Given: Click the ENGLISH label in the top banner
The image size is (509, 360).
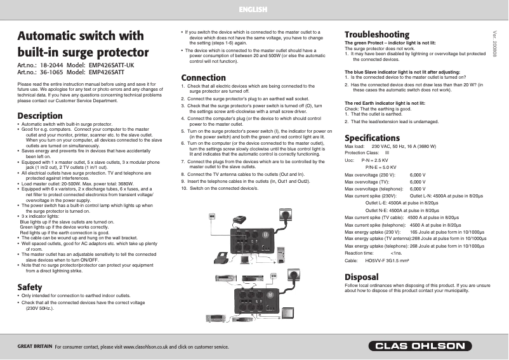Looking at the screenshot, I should tap(253, 10).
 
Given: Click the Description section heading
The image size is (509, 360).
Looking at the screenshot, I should tap(39, 116).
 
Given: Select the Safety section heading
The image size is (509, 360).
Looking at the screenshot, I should tap(30, 287).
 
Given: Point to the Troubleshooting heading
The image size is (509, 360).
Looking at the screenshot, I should tap(376, 34).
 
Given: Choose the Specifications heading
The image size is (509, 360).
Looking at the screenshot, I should tap(372, 138).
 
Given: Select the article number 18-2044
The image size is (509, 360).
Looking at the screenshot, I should tap(51, 65).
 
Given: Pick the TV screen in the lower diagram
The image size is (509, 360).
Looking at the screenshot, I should tap(289, 312).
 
